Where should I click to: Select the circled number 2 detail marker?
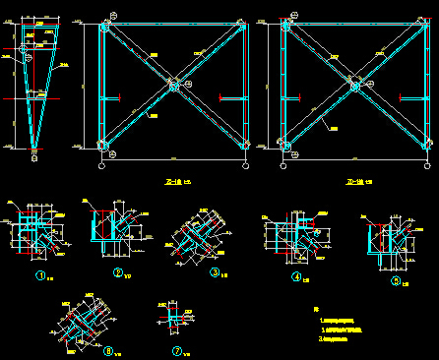117,272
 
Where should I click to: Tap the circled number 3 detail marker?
214,272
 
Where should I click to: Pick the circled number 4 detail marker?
294,277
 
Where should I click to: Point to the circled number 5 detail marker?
396,280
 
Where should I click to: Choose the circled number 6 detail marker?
109,350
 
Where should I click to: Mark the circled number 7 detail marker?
176,350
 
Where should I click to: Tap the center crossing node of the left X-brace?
174,87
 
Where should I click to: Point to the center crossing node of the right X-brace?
356,86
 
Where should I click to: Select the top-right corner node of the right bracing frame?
427,28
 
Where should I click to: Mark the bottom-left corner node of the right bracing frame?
286,147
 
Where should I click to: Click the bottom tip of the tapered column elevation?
34,150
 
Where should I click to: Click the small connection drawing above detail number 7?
173,319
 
